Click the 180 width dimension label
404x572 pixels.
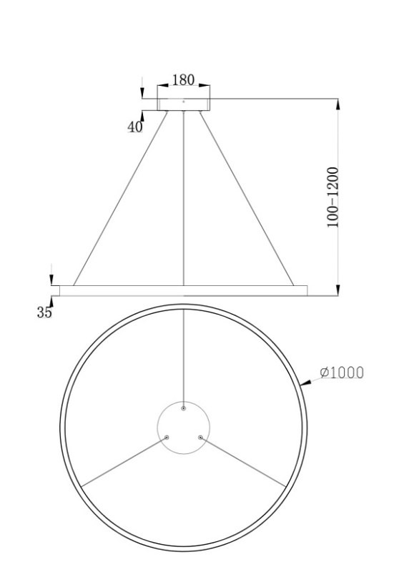pyautogui.click(x=183, y=80)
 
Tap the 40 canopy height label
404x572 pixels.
pyautogui.click(x=134, y=127)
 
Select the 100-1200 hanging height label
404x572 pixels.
pyautogui.click(x=332, y=197)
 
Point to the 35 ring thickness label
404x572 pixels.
pyautogui.click(x=44, y=312)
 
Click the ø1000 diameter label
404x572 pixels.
pyautogui.click(x=342, y=373)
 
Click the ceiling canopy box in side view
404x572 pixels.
pyautogui.click(x=184, y=104)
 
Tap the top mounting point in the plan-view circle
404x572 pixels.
pyautogui.click(x=184, y=408)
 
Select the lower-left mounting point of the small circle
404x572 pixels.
pyautogui.click(x=167, y=437)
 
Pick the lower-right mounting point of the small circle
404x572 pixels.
pyautogui.click(x=200, y=437)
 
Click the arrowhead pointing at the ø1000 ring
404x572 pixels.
pyautogui.click(x=305, y=383)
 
